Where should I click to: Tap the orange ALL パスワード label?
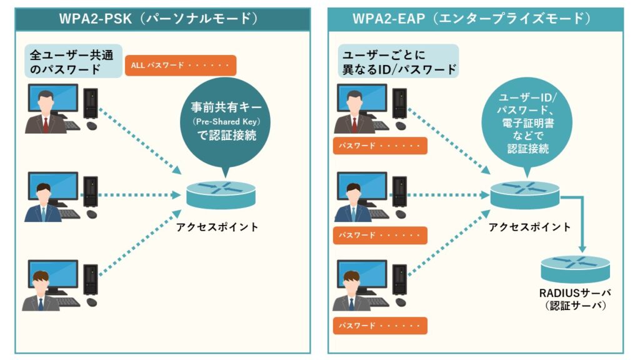click(x=181, y=65)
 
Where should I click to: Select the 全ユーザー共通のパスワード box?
click(x=73, y=61)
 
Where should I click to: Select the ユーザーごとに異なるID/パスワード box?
click(x=397, y=61)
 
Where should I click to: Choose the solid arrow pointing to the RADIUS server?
click(x=581, y=219)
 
